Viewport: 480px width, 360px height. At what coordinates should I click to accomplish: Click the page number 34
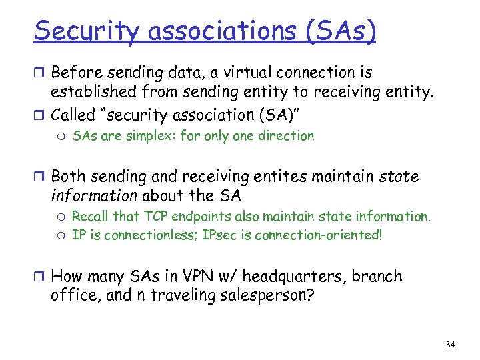coord(450,344)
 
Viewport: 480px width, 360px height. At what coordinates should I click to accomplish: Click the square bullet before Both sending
coord(41,177)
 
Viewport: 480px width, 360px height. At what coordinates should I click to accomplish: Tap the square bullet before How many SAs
coord(41,277)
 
